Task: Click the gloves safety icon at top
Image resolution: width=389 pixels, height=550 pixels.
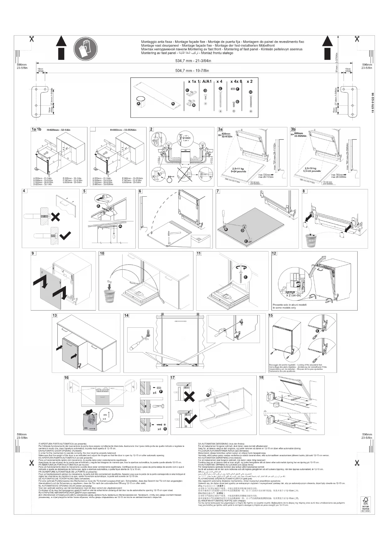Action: click(83, 48)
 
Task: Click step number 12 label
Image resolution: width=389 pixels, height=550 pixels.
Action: click(274, 254)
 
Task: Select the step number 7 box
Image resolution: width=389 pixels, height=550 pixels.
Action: click(218, 191)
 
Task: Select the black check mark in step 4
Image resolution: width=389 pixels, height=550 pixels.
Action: click(65, 235)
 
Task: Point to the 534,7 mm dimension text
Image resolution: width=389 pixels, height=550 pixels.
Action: click(193, 61)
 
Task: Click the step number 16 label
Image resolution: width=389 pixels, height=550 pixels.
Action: click(66, 378)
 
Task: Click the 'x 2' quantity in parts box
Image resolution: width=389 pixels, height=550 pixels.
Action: click(250, 82)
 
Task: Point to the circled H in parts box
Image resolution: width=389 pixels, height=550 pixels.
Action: click(250, 92)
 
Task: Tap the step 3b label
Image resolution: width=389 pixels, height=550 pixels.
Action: click(293, 129)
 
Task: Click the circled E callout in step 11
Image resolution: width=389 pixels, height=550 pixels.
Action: click(245, 277)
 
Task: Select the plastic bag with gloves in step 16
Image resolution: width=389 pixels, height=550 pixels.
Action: click(91, 420)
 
